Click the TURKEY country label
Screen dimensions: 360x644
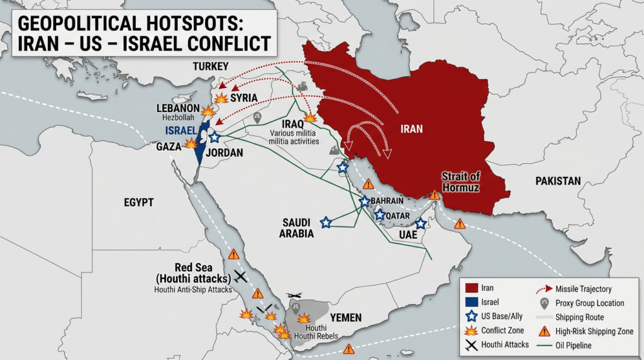tap(210, 67)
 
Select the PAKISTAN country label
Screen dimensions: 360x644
tap(558, 181)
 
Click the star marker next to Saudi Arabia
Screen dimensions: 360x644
tap(326, 222)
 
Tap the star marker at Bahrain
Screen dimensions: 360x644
tap(364, 201)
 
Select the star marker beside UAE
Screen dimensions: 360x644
tap(421, 223)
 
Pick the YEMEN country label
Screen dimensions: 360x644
tap(345, 318)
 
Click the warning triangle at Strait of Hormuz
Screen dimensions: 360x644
tap(434, 195)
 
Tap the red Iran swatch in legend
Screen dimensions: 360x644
tap(469, 288)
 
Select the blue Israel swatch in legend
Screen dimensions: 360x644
tap(469, 302)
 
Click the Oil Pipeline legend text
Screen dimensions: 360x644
tap(574, 346)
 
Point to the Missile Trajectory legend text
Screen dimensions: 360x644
tap(583, 289)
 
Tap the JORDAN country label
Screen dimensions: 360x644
tap(225, 153)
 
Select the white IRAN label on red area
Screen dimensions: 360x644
tap(411, 129)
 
